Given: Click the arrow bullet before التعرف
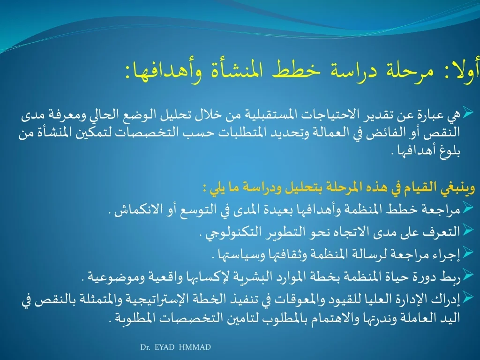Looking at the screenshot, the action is pos(468,230).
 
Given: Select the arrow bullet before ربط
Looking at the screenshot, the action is pos(468,275).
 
